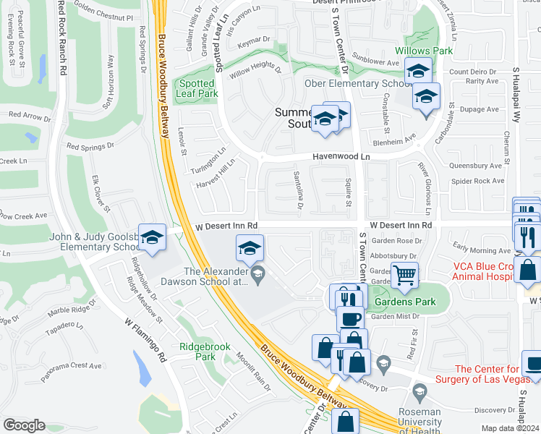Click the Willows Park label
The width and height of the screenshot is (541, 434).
click(423, 51)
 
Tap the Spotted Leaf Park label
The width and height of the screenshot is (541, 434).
click(197, 88)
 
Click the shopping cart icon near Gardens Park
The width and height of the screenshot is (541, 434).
click(404, 274)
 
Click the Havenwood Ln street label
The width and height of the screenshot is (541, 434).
click(341, 156)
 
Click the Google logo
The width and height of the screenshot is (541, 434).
click(24, 425)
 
